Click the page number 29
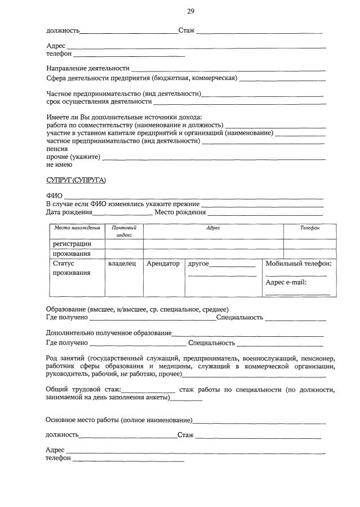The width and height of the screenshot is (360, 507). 190,11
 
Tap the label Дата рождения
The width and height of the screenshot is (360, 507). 69,212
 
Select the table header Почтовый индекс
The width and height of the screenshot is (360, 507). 124,231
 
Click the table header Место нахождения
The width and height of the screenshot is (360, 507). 77,228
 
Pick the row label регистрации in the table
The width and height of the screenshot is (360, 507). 72,244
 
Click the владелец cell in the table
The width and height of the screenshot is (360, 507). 122,263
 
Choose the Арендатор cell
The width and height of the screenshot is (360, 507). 163,263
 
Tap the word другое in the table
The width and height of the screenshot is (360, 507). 199,263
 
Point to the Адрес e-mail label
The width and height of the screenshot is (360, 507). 286,282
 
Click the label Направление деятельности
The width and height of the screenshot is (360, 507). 88,68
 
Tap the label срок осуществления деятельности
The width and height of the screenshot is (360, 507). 99,101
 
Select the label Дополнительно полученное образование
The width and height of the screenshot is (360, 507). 109,333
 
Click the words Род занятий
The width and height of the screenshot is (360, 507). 64,358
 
